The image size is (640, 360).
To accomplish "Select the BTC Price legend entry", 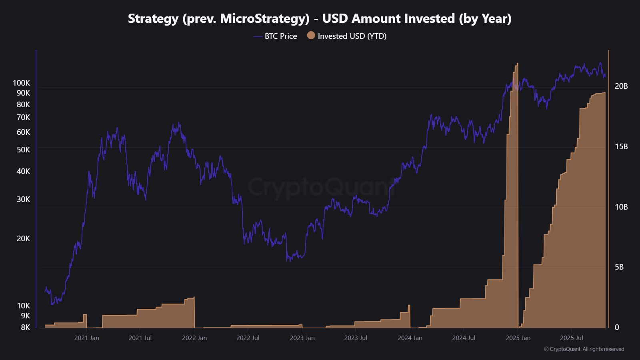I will pos(280,36).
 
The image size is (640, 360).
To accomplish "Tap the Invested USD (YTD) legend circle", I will pos(311,36).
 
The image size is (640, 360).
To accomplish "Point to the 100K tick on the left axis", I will pos(21,83).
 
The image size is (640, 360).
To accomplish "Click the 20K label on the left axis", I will pos(23,238).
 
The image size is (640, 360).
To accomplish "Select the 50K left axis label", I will pos(23,150).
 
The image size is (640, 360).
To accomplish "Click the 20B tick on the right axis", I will pos(621,86).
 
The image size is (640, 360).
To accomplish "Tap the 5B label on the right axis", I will pos(619,267).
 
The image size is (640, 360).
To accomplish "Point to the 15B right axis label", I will pos(621,146).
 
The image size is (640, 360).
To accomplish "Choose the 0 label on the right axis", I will pos(617,327).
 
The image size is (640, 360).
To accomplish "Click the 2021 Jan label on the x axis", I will pos(86,338).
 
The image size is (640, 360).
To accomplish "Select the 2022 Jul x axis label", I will pos(248,338).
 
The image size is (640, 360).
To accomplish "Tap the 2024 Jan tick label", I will pos(410,338).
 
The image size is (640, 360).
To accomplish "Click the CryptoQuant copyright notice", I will pos(584,349).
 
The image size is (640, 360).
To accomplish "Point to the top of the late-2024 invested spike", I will pos(517,64).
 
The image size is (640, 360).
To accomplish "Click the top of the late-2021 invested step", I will pos(193,298).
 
